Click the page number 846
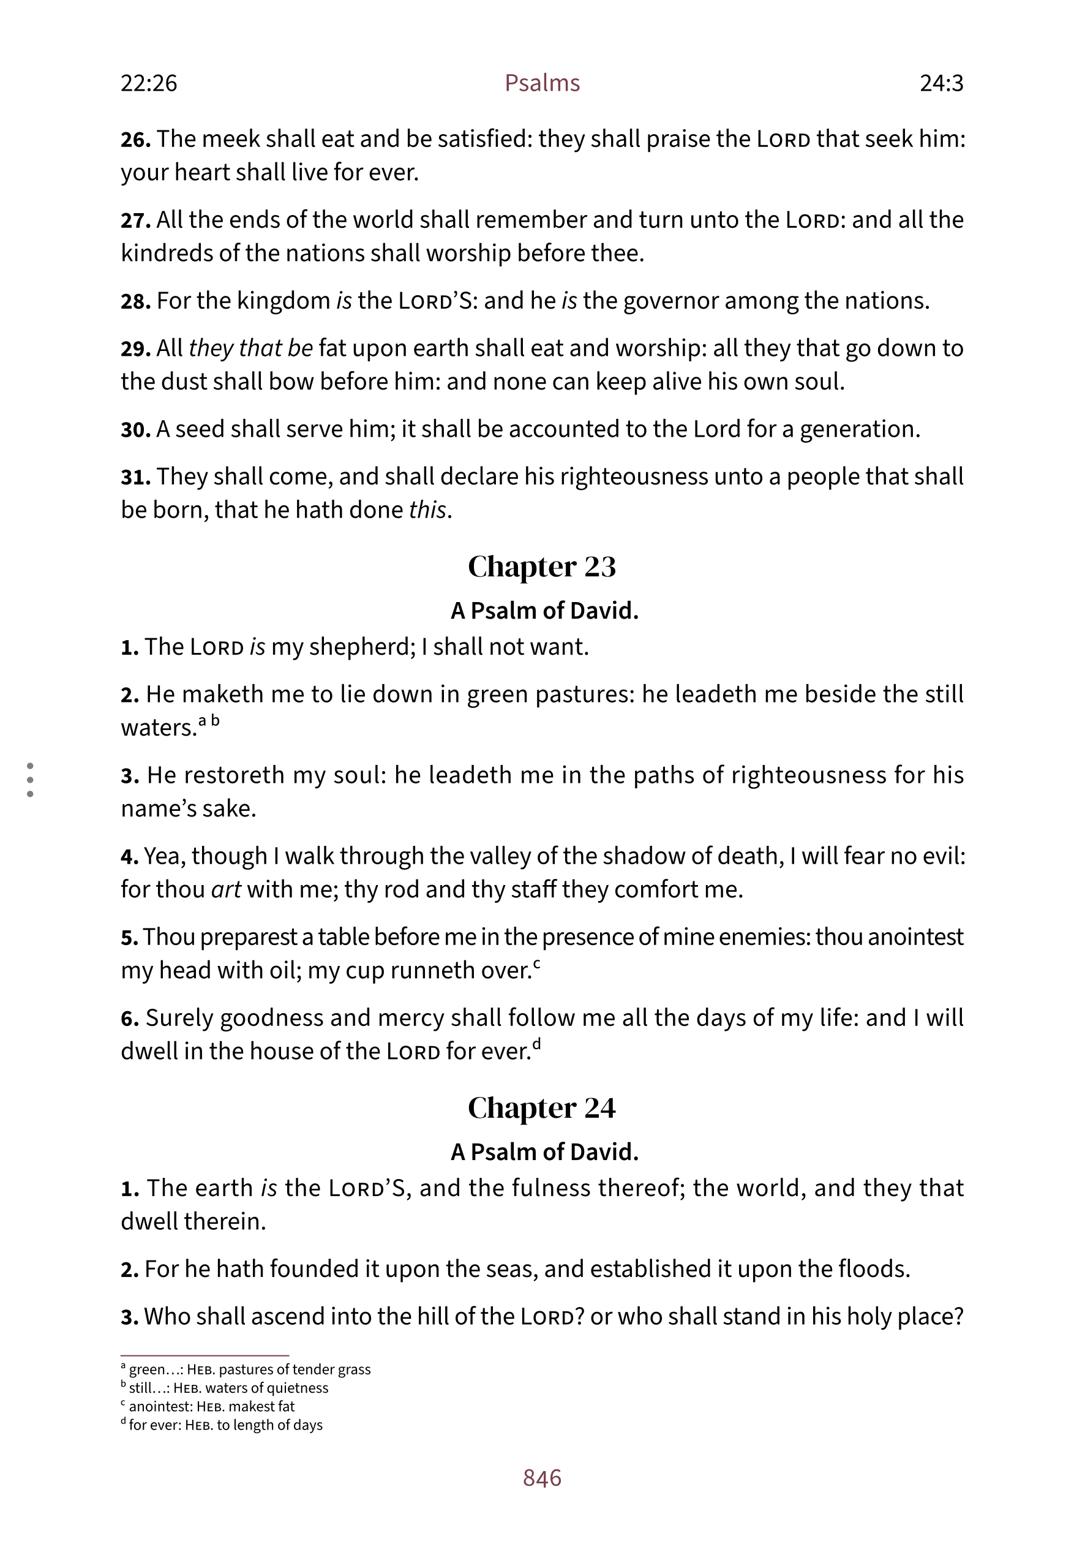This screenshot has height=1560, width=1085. coord(541,1478)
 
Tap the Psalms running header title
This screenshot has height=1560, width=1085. coord(541,83)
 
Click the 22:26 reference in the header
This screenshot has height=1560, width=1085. coord(149,83)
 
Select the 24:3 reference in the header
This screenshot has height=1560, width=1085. coord(941,83)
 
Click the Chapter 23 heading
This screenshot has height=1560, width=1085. coord(541,567)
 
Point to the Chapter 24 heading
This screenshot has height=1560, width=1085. coord(541,1108)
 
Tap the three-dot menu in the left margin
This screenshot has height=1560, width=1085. coord(30,779)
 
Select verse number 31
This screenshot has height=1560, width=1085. coord(135,477)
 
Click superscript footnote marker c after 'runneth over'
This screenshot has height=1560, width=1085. coord(537,963)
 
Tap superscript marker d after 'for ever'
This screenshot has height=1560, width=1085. coord(537,1044)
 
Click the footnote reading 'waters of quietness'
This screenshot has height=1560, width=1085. coord(228,1388)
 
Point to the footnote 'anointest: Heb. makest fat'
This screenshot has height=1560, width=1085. coord(208,1406)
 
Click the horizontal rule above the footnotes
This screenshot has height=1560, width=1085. coord(205,1355)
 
